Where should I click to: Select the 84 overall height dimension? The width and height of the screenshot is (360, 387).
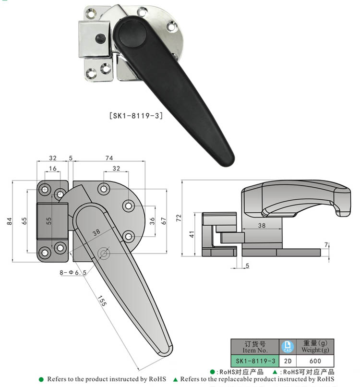pos(9,221)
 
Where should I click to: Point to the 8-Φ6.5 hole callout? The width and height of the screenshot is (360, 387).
pos(70,272)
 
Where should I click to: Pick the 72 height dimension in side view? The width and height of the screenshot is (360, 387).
pos(179,218)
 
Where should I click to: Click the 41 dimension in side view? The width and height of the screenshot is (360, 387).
pos(192,234)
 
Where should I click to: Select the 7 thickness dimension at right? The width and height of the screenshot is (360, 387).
pos(327,245)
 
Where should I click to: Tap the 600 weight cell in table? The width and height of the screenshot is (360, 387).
pos(315,360)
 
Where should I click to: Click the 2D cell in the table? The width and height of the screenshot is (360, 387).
pos(288,360)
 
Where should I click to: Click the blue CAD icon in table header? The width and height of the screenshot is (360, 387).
pos(288,347)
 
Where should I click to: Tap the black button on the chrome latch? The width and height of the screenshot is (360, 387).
pos(101,37)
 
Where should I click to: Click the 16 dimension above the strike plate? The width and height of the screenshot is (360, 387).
pos(52,168)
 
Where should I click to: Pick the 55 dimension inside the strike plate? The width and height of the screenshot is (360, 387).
pos(48,221)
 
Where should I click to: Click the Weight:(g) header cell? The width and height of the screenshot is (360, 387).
pos(315,347)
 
